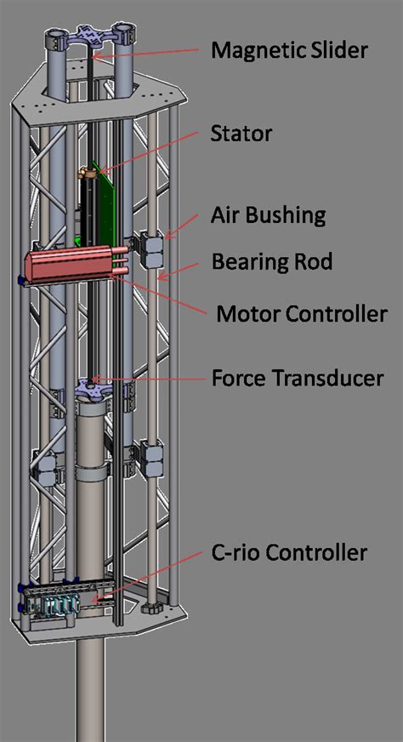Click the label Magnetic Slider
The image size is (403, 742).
click(x=289, y=50)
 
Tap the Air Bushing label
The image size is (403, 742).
click(x=268, y=214)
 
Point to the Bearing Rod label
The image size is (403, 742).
click(x=271, y=261)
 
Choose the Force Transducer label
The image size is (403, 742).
click(x=298, y=376)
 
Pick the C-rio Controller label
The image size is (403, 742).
click(x=288, y=553)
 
